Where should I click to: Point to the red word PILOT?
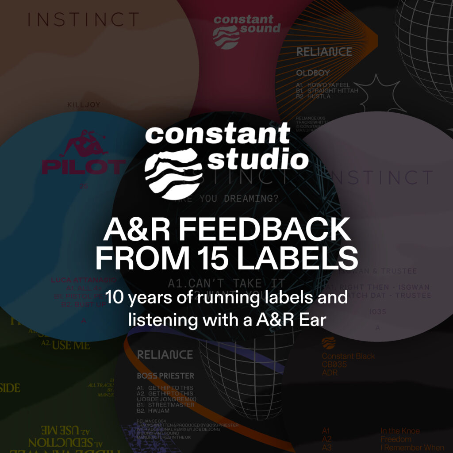[x=84, y=166]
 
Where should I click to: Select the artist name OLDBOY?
[x=312, y=72]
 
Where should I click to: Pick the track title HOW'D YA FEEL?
[x=329, y=84]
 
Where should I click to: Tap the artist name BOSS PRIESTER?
[x=165, y=376]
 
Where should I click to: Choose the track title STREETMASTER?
[x=171, y=405]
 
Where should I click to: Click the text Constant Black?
[x=348, y=356]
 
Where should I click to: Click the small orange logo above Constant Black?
[x=328, y=343]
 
